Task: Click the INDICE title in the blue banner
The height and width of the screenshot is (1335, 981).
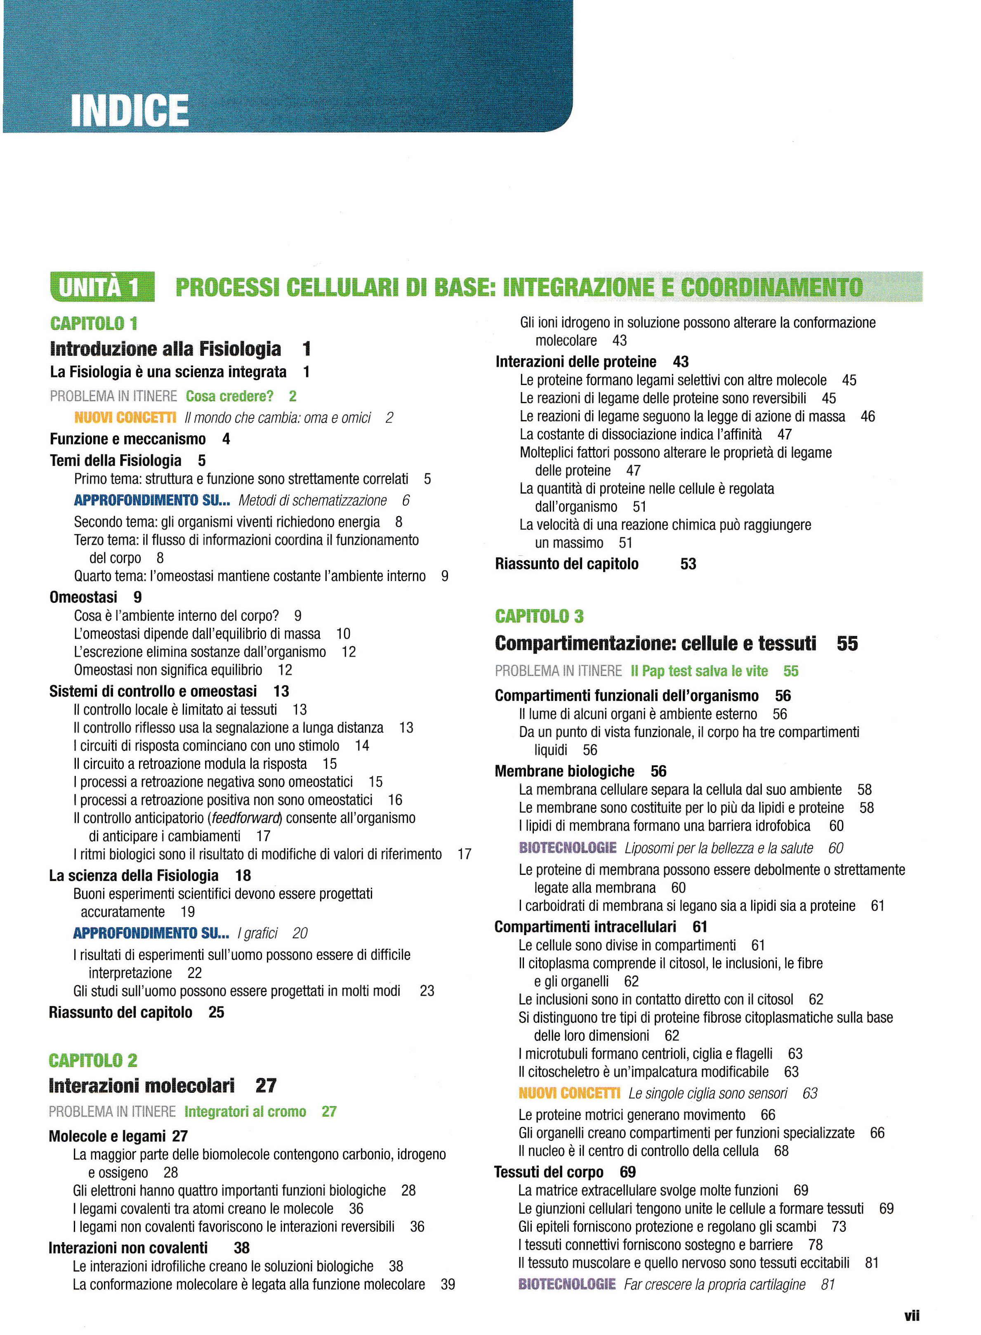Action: (130, 111)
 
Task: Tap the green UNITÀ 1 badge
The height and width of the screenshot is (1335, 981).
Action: (102, 288)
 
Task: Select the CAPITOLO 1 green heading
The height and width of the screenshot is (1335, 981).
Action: (94, 324)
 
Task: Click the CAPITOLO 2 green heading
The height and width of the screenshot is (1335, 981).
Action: (93, 1060)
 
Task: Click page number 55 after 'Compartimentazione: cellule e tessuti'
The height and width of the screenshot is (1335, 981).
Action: (847, 643)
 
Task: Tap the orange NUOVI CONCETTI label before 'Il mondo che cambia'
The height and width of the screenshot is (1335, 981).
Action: (125, 418)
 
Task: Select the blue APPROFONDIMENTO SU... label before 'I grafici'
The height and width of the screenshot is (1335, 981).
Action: (151, 933)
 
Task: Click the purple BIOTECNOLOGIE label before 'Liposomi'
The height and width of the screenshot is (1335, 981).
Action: (567, 848)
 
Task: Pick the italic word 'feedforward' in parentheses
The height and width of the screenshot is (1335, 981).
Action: (245, 818)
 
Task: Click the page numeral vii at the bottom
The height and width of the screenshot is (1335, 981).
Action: (912, 1316)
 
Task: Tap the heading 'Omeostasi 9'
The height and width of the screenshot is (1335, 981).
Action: (95, 597)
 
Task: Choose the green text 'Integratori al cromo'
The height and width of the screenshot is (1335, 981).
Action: (245, 1111)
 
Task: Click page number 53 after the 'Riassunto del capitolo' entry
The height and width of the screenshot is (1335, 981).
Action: (688, 564)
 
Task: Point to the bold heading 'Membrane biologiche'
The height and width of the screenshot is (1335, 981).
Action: (564, 771)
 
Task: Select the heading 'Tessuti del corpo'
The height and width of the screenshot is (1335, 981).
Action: (548, 1172)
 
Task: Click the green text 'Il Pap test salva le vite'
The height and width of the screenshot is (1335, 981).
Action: (699, 671)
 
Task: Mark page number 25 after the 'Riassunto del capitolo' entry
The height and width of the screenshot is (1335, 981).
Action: (216, 1012)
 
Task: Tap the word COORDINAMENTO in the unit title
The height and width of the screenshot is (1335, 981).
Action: (771, 288)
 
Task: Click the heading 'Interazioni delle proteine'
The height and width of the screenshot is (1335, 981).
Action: (575, 362)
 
